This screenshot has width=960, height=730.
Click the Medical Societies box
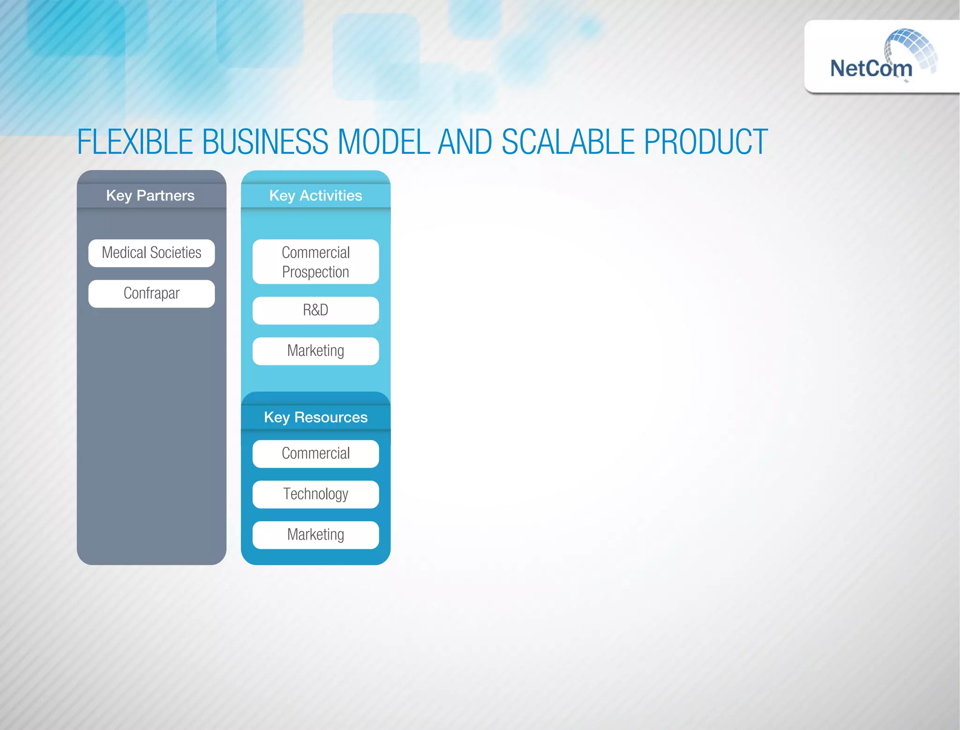pyautogui.click(x=151, y=253)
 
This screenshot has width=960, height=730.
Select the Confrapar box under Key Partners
pyautogui.click(x=151, y=294)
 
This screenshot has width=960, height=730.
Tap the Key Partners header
pyautogui.click(x=150, y=196)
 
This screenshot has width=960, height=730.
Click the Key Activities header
pyautogui.click(x=315, y=196)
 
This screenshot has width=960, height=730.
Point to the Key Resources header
pyautogui.click(x=315, y=417)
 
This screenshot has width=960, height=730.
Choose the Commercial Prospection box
pyautogui.click(x=315, y=262)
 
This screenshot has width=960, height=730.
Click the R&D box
pyautogui.click(x=315, y=310)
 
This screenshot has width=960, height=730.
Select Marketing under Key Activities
pyautogui.click(x=315, y=351)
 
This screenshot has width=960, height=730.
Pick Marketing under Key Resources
pyautogui.click(x=315, y=535)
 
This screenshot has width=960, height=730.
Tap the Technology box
pyautogui.click(x=315, y=494)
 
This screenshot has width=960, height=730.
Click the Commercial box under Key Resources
pyautogui.click(x=315, y=453)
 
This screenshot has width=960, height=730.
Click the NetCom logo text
pyautogui.click(x=871, y=69)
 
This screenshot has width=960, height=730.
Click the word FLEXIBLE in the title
pyautogui.click(x=135, y=142)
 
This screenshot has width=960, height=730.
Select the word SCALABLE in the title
pyautogui.click(x=568, y=142)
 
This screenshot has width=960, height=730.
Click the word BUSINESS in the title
pyautogui.click(x=265, y=142)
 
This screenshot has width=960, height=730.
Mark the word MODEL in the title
pyautogui.click(x=383, y=142)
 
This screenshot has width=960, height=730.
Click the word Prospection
pyautogui.click(x=315, y=272)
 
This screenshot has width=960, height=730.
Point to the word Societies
pyautogui.click(x=176, y=253)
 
